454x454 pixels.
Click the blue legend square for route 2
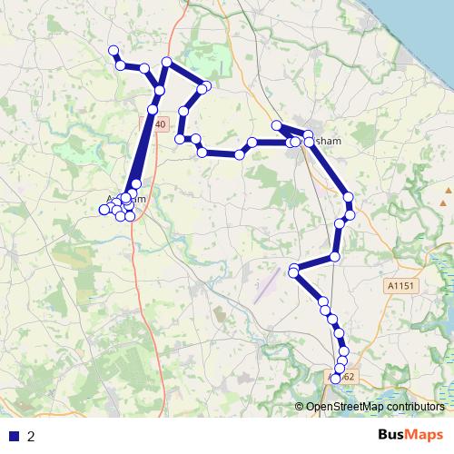tap(13, 435)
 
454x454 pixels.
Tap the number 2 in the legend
tap(31, 436)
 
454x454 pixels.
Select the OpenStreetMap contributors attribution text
tap(374, 407)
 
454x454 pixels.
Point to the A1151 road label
tap(400, 285)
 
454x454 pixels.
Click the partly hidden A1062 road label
tap(346, 375)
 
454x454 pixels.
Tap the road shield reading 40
tap(158, 123)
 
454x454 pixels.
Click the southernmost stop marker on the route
tap(336, 379)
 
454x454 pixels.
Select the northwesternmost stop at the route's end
tap(113, 50)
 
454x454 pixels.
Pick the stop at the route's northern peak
tap(166, 62)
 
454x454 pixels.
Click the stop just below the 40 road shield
tap(153, 109)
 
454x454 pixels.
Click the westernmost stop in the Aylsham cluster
tap(103, 212)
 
